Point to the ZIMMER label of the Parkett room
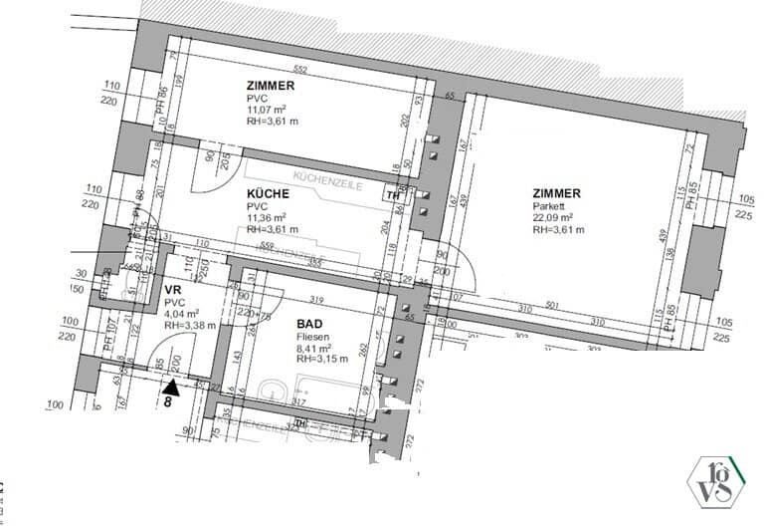(556, 194)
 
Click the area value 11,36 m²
(267, 217)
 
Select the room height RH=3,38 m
(190, 325)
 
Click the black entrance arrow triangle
(172, 386)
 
